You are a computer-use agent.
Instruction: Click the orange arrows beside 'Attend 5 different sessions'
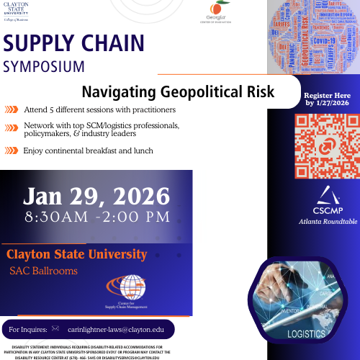pyautogui.click(x=12, y=109)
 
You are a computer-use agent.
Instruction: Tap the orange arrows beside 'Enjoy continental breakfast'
pyautogui.click(x=12, y=150)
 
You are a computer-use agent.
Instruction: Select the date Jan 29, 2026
pyautogui.click(x=96, y=195)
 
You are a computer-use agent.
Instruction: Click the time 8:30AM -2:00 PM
pyautogui.click(x=96, y=216)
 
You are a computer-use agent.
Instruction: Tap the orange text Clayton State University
pyautogui.click(x=76, y=254)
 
